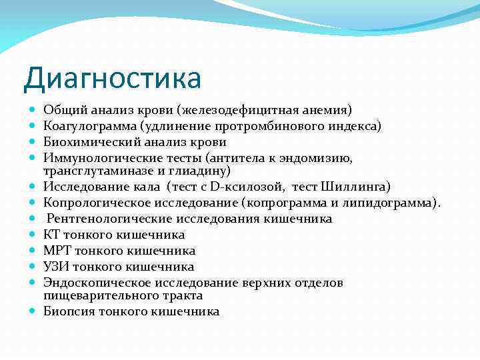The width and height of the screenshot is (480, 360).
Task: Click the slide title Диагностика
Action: [112, 78]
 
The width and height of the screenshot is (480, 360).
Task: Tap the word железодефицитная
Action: [256, 110]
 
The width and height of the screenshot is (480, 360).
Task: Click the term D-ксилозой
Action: [247, 186]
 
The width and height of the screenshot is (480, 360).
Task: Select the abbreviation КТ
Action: [51, 235]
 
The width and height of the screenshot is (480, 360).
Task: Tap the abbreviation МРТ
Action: [55, 251]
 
